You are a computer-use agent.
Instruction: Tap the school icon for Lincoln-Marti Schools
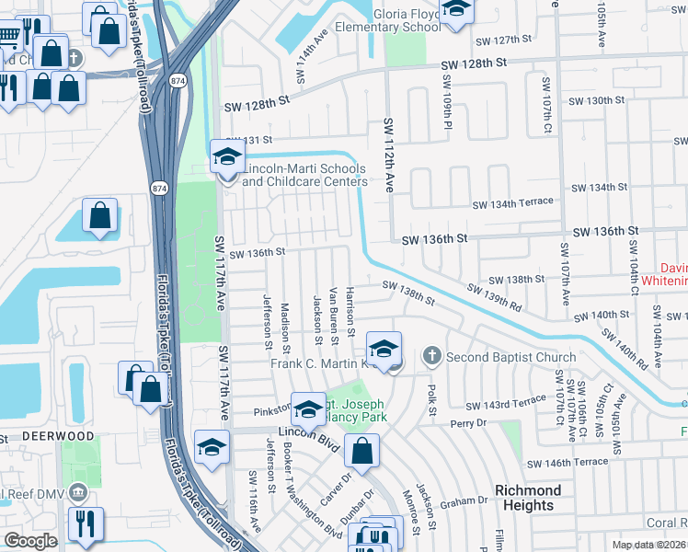coord(227,157)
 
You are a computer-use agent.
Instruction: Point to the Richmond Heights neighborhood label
coord(528,498)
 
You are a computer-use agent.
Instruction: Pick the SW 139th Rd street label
coord(495,295)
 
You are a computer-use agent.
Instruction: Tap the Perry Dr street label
coord(467,423)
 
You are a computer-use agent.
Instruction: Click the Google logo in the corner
coord(30,541)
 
